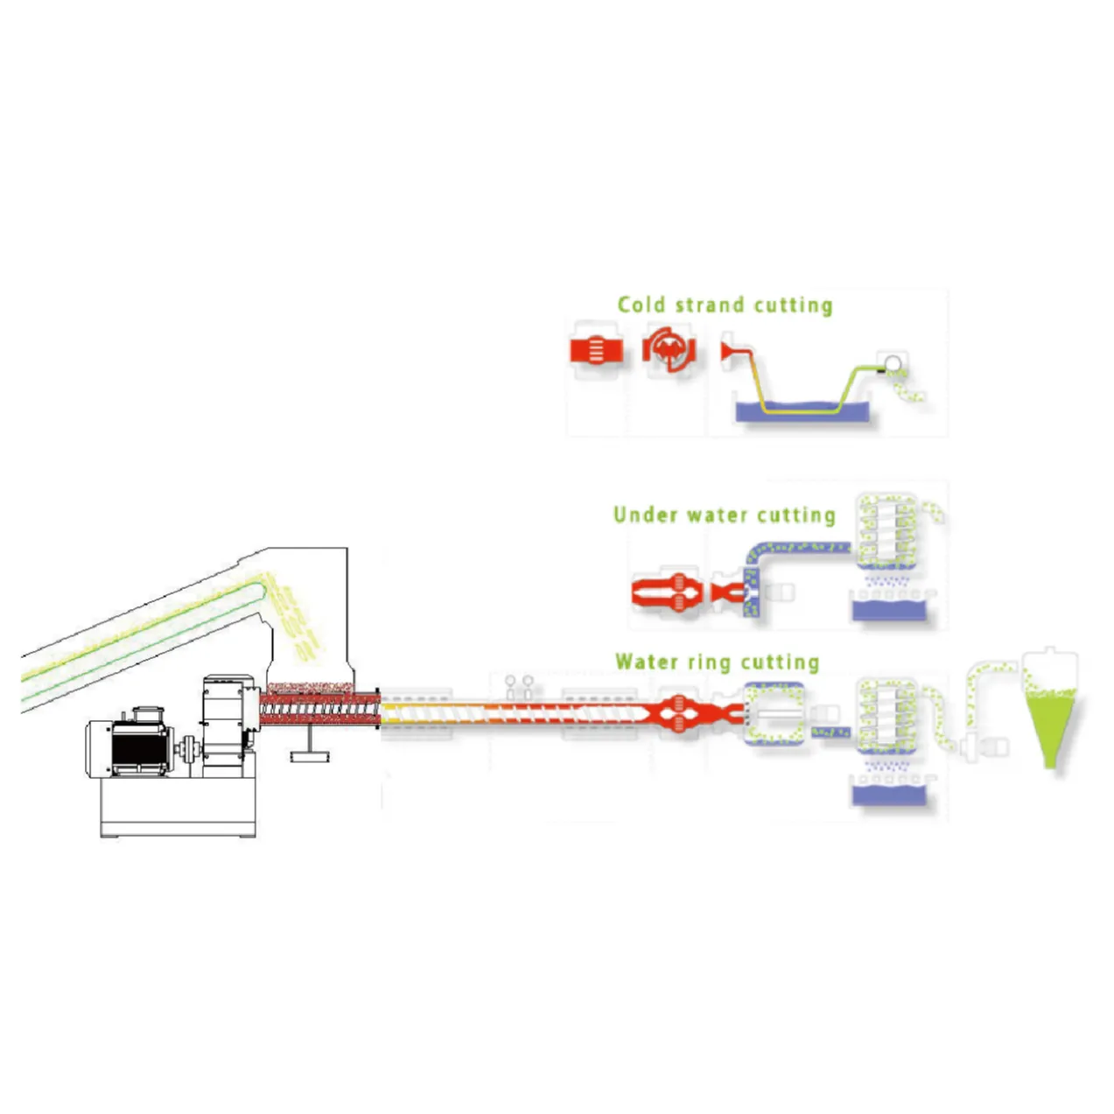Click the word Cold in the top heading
point(641,305)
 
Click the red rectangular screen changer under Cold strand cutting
point(596,351)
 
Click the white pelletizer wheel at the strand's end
point(893,362)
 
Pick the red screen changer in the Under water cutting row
point(667,593)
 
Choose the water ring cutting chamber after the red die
point(774,713)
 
